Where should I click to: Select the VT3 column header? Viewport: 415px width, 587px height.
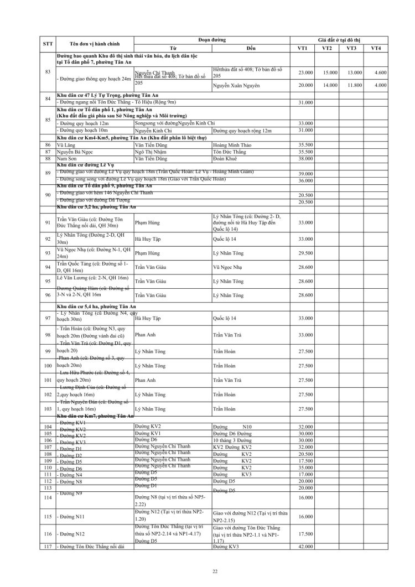(x=351, y=48)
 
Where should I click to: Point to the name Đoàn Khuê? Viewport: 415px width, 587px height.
(x=225, y=158)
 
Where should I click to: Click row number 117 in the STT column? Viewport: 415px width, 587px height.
(x=48, y=547)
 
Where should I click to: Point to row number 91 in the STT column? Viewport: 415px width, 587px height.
(x=48, y=222)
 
